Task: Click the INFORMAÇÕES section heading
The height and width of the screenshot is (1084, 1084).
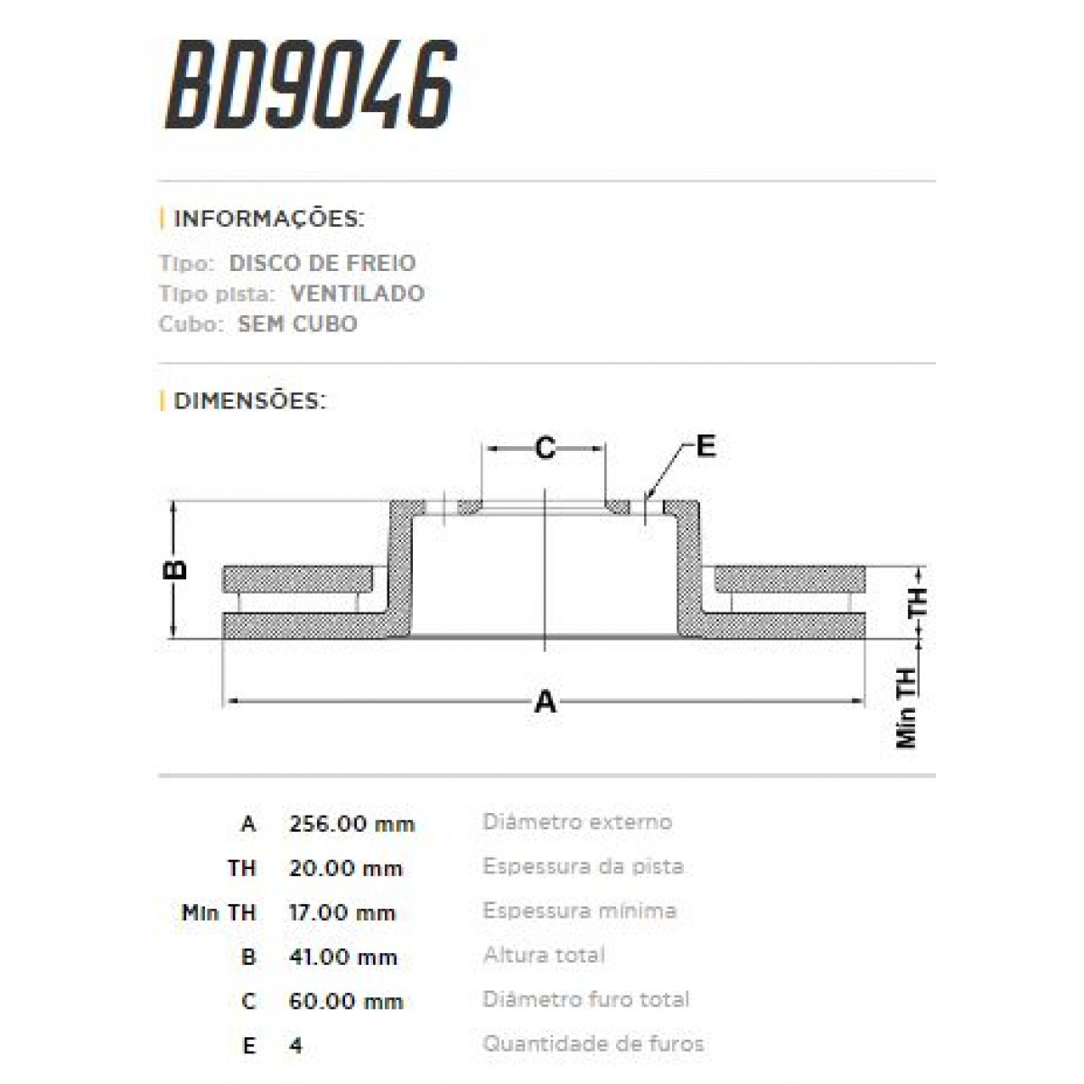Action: pyautogui.click(x=268, y=220)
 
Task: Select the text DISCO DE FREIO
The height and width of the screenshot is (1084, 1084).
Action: pyautogui.click(x=322, y=264)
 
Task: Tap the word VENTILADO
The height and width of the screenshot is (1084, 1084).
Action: pyautogui.click(x=357, y=294)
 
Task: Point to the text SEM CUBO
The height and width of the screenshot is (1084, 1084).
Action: pyautogui.click(x=297, y=323)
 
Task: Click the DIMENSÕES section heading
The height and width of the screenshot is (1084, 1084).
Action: pyautogui.click(x=249, y=400)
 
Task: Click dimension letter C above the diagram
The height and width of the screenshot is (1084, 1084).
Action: pyautogui.click(x=545, y=447)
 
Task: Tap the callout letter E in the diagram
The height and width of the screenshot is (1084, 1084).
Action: pyautogui.click(x=706, y=445)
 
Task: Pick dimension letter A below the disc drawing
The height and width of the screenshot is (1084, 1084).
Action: pyautogui.click(x=545, y=701)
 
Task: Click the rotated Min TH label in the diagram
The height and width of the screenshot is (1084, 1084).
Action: pyautogui.click(x=906, y=708)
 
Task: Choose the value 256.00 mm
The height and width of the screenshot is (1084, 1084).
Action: pyautogui.click(x=351, y=824)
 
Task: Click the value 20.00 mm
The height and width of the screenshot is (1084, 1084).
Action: pyautogui.click(x=345, y=868)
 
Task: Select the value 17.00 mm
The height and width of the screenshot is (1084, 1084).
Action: pyautogui.click(x=342, y=912)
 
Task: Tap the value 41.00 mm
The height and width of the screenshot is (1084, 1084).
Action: pyautogui.click(x=343, y=957)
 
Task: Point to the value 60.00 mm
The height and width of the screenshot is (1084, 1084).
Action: pyautogui.click(x=345, y=1001)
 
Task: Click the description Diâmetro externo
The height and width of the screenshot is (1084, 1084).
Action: pyautogui.click(x=577, y=822)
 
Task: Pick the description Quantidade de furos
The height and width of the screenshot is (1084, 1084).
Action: pyautogui.click(x=593, y=1044)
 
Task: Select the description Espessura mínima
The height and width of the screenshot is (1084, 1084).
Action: pyautogui.click(x=579, y=911)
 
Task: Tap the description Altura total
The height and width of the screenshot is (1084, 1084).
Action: pyautogui.click(x=544, y=955)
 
